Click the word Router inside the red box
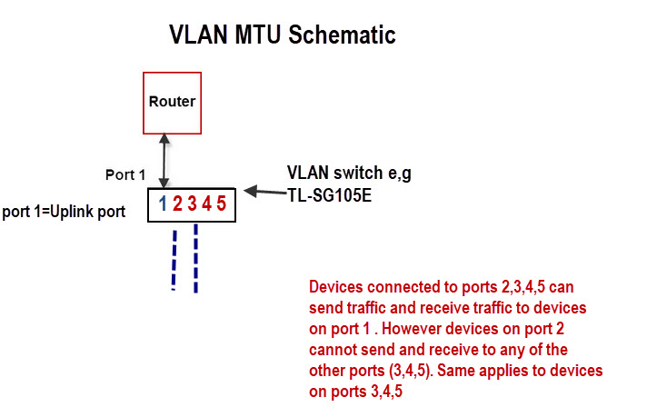tap(172, 101)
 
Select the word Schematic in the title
tap(342, 35)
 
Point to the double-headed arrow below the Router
tap(164, 161)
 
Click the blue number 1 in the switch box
tap(164, 204)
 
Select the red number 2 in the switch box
tap(178, 204)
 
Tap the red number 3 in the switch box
tap(193, 204)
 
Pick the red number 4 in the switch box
tap(207, 204)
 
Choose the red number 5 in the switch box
tap(222, 204)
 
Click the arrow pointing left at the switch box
tap(263, 192)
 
